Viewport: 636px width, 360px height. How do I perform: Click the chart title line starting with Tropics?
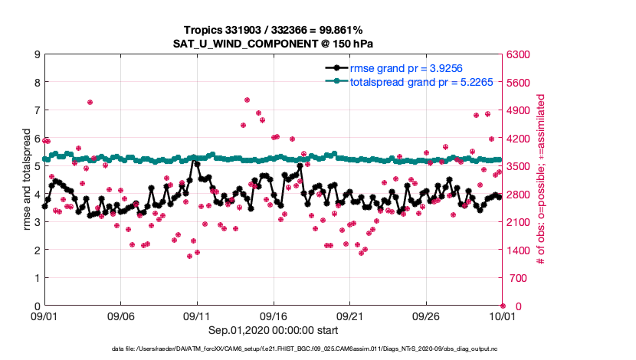pos(274,29)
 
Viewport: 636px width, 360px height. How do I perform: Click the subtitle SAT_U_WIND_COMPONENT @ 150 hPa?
pos(274,43)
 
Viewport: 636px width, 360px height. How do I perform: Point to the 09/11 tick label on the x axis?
pos(197,316)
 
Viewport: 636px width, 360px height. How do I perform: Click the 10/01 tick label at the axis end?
pos(503,316)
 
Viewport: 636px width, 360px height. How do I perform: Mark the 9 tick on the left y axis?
pos(36,54)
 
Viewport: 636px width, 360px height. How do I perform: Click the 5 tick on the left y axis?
pos(36,166)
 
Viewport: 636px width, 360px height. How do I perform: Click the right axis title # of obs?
pos(541,180)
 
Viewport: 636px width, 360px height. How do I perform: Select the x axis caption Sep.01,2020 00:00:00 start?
pos(274,330)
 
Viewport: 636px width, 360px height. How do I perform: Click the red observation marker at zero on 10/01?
pos(503,306)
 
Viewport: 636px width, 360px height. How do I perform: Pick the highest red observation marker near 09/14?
pos(247,100)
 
